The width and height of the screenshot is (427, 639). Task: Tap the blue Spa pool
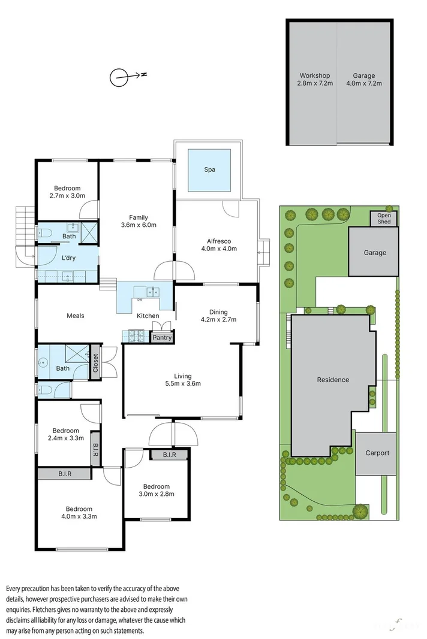209,169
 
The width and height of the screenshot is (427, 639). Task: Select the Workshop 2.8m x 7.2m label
315,79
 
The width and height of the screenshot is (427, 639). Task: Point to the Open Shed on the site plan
384,218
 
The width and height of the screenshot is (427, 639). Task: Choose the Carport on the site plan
377,453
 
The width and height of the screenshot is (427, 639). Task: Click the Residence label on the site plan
333,380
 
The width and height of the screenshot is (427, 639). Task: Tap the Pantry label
162,338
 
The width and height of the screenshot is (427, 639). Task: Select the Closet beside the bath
95,362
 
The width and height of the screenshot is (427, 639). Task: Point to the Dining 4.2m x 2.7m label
218,316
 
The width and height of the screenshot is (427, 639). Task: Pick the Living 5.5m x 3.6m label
183,380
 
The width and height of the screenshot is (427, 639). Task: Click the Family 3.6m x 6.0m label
139,221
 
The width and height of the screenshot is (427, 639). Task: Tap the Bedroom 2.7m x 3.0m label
67,191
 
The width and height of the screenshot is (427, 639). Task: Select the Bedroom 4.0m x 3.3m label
81,512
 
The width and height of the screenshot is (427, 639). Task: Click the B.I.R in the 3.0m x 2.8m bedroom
169,455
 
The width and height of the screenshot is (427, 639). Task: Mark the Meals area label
75,316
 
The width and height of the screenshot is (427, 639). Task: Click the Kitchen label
148,316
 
